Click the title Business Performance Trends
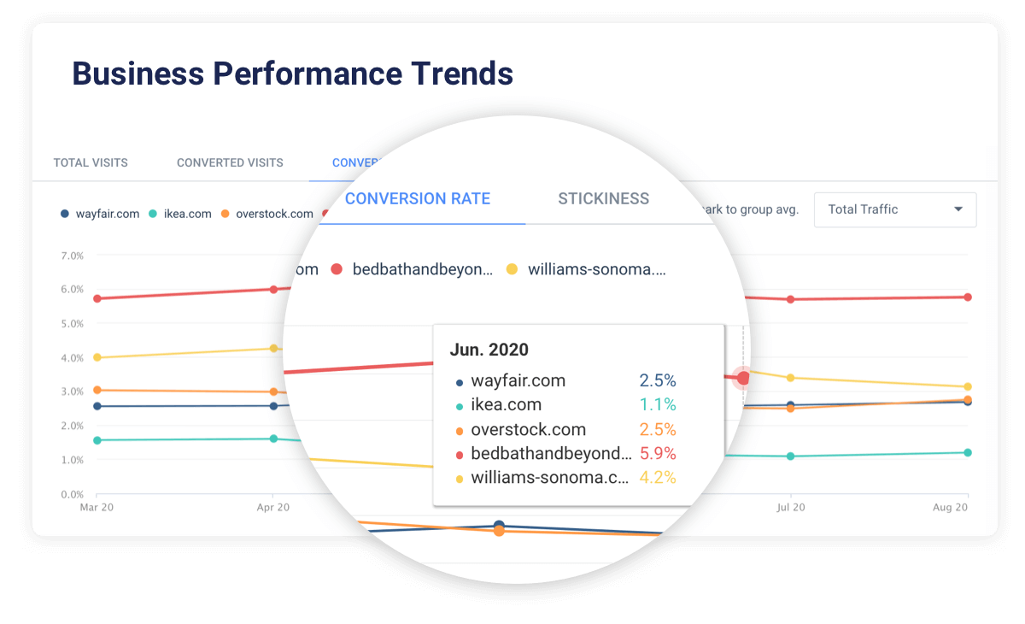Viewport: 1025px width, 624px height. (x=292, y=74)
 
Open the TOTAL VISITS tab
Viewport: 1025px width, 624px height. (x=91, y=162)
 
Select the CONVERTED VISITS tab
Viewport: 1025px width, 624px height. (x=230, y=162)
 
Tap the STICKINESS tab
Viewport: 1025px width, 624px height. (x=603, y=199)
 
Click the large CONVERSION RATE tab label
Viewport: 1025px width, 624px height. (x=418, y=199)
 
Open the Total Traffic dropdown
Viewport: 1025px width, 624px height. (x=895, y=209)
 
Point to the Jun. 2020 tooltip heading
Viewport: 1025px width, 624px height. (x=489, y=350)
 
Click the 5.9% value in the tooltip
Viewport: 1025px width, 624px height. (x=658, y=454)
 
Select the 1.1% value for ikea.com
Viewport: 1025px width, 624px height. (x=658, y=405)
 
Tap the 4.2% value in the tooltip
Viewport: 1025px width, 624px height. (x=658, y=478)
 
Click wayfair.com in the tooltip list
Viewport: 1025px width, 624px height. (x=518, y=381)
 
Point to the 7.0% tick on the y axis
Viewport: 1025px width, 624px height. (x=72, y=256)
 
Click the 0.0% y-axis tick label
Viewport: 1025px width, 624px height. (x=72, y=494)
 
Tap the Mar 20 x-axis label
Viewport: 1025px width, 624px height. (x=97, y=508)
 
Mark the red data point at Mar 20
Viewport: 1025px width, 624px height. (x=97, y=298)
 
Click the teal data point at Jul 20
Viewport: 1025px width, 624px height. (x=791, y=456)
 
